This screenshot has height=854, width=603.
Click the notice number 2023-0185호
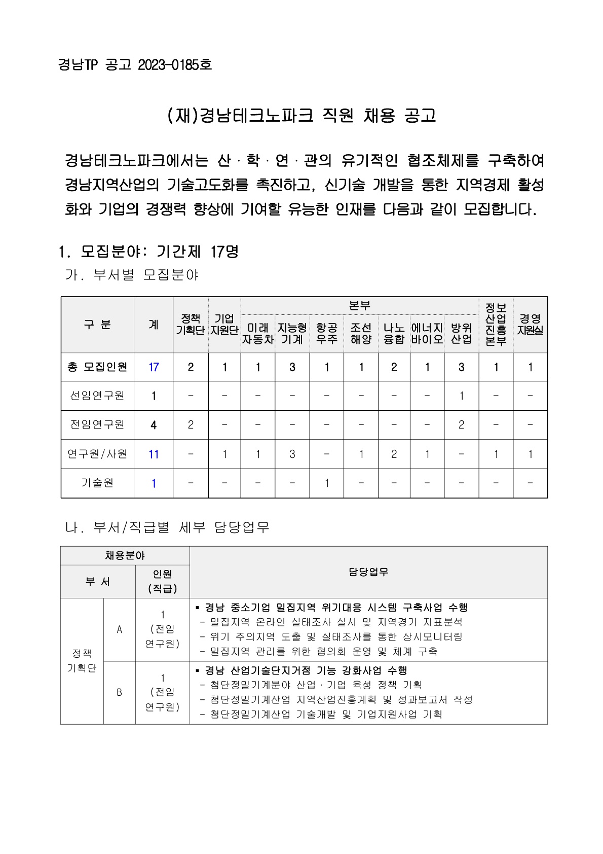174,65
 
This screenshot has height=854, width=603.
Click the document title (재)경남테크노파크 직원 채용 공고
301,116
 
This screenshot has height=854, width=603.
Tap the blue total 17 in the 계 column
154,367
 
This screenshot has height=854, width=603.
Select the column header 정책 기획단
191,325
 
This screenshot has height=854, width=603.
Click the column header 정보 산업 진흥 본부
496,325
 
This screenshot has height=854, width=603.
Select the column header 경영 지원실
530,325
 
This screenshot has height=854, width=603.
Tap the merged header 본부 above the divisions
360,306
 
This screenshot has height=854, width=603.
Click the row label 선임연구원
97,396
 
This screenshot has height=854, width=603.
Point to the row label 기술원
97,483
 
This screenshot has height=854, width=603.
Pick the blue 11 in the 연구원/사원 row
154,454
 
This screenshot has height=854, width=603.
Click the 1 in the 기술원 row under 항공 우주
326,483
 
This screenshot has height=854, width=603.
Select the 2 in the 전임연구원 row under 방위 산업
461,425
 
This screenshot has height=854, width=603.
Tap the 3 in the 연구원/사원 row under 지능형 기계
292,454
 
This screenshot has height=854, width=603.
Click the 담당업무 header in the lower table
368,572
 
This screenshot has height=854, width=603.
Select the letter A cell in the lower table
120,629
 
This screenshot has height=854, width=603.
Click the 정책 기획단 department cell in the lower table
82,661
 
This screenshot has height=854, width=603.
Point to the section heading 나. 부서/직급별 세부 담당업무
167,527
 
